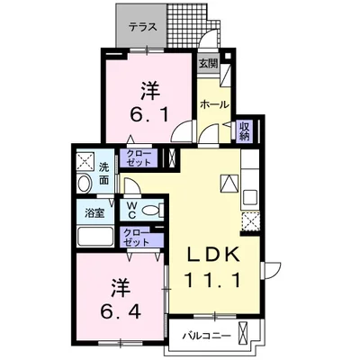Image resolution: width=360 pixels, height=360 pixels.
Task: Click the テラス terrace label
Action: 144,26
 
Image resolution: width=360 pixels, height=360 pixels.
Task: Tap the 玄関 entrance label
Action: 209,63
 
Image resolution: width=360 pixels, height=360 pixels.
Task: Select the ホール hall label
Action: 212,103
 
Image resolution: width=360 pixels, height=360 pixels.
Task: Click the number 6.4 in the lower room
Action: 115,308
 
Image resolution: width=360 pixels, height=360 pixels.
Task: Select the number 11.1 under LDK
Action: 215,279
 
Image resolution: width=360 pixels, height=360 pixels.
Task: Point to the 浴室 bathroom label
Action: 94,212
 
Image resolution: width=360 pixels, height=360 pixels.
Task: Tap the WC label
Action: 130,209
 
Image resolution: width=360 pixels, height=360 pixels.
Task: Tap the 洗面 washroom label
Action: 104,174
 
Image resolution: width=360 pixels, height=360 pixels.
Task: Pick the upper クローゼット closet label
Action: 139,159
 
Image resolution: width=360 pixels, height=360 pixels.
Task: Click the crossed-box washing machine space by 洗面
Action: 85,162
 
